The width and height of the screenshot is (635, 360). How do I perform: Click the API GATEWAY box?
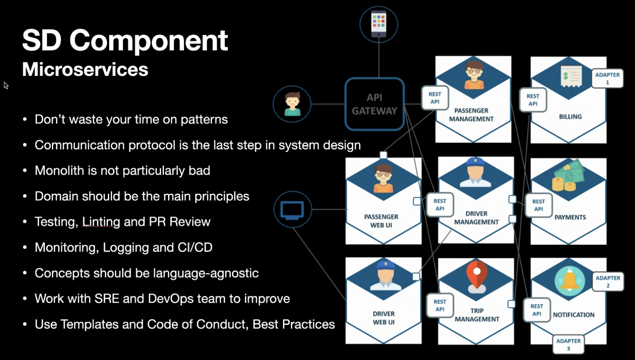374,104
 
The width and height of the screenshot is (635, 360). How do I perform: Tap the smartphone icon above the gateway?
379,24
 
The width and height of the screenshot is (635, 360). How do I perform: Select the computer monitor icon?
292,209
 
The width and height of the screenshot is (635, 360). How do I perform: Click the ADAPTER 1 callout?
607,78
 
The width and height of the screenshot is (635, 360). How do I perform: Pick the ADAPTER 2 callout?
608,282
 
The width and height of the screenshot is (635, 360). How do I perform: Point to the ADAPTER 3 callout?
568,344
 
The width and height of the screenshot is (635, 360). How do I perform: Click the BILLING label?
570,117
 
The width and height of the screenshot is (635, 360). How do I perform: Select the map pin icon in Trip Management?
476,275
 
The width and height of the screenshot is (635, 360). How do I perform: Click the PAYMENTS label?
570,217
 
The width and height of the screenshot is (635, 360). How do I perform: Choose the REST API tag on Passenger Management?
435,98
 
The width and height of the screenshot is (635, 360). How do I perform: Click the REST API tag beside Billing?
532,100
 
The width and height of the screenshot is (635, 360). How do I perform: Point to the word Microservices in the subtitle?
85,69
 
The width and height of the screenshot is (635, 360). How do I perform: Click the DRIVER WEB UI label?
383,318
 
